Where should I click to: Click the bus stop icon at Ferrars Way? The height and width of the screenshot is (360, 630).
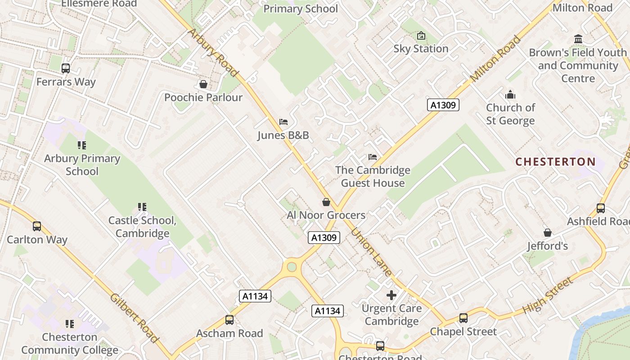pyautogui.click(x=66, y=68)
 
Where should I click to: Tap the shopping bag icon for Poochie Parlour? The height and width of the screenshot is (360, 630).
pyautogui.click(x=203, y=84)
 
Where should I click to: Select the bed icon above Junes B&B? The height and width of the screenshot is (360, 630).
pyautogui.click(x=283, y=122)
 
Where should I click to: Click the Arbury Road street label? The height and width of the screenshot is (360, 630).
pyautogui.click(x=212, y=52)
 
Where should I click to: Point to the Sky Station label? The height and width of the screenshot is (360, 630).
pyautogui.click(x=421, y=49)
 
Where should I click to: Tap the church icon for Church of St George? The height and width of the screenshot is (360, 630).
pyautogui.click(x=510, y=94)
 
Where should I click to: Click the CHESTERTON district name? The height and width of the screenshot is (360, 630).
pyautogui.click(x=555, y=162)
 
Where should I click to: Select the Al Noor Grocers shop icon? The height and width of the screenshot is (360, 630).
pyautogui.click(x=326, y=202)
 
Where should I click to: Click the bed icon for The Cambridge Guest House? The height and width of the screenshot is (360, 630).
pyautogui.click(x=373, y=157)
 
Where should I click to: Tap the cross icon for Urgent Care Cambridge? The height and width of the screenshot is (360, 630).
pyautogui.click(x=391, y=295)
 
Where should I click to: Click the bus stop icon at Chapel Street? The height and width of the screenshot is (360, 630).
pyautogui.click(x=463, y=318)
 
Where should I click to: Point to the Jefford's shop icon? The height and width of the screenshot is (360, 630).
pyautogui.click(x=548, y=233)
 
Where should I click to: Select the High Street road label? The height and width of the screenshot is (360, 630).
pyautogui.click(x=548, y=295)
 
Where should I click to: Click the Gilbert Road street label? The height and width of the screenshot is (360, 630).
pyautogui.click(x=135, y=318)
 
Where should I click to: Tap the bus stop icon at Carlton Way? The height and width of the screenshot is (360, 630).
pyautogui.click(x=37, y=226)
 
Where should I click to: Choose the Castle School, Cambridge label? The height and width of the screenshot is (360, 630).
pyautogui.click(x=142, y=227)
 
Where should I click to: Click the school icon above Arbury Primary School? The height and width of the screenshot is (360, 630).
pyautogui.click(x=82, y=145)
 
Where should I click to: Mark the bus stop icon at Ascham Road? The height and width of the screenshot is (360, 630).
pyautogui.click(x=229, y=320)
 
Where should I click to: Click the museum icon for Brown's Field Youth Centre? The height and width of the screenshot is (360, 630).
pyautogui.click(x=578, y=39)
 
